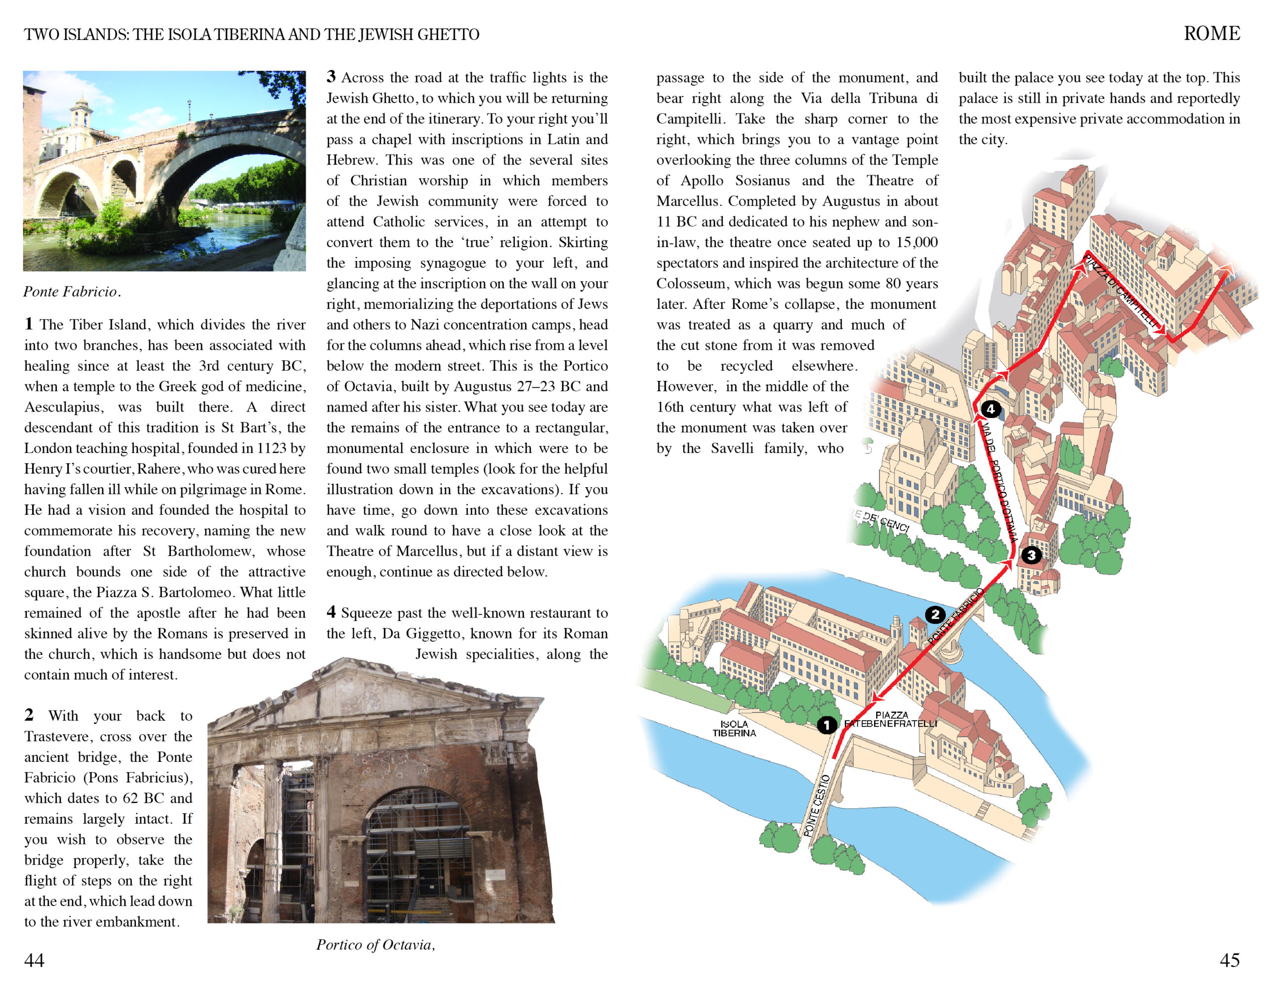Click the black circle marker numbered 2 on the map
point(934,615)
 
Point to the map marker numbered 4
point(991,409)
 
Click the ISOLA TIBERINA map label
point(734,729)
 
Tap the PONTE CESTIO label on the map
point(816,805)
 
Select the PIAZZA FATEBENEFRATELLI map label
point(891,720)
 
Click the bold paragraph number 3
point(331,77)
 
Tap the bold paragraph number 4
point(331,612)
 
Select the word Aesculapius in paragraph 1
point(64,407)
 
